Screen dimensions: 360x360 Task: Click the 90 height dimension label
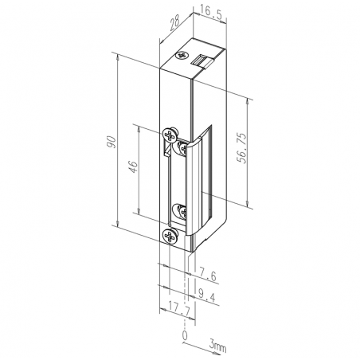[x=112, y=142]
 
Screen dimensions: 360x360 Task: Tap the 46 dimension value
[x=134, y=166]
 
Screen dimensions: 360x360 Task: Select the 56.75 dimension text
[x=241, y=148]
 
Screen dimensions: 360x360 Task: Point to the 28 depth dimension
[x=175, y=22]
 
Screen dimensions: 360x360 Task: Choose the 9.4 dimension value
[x=207, y=295]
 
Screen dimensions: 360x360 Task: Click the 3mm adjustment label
[x=217, y=346]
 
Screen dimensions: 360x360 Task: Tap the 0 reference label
[x=185, y=335]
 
